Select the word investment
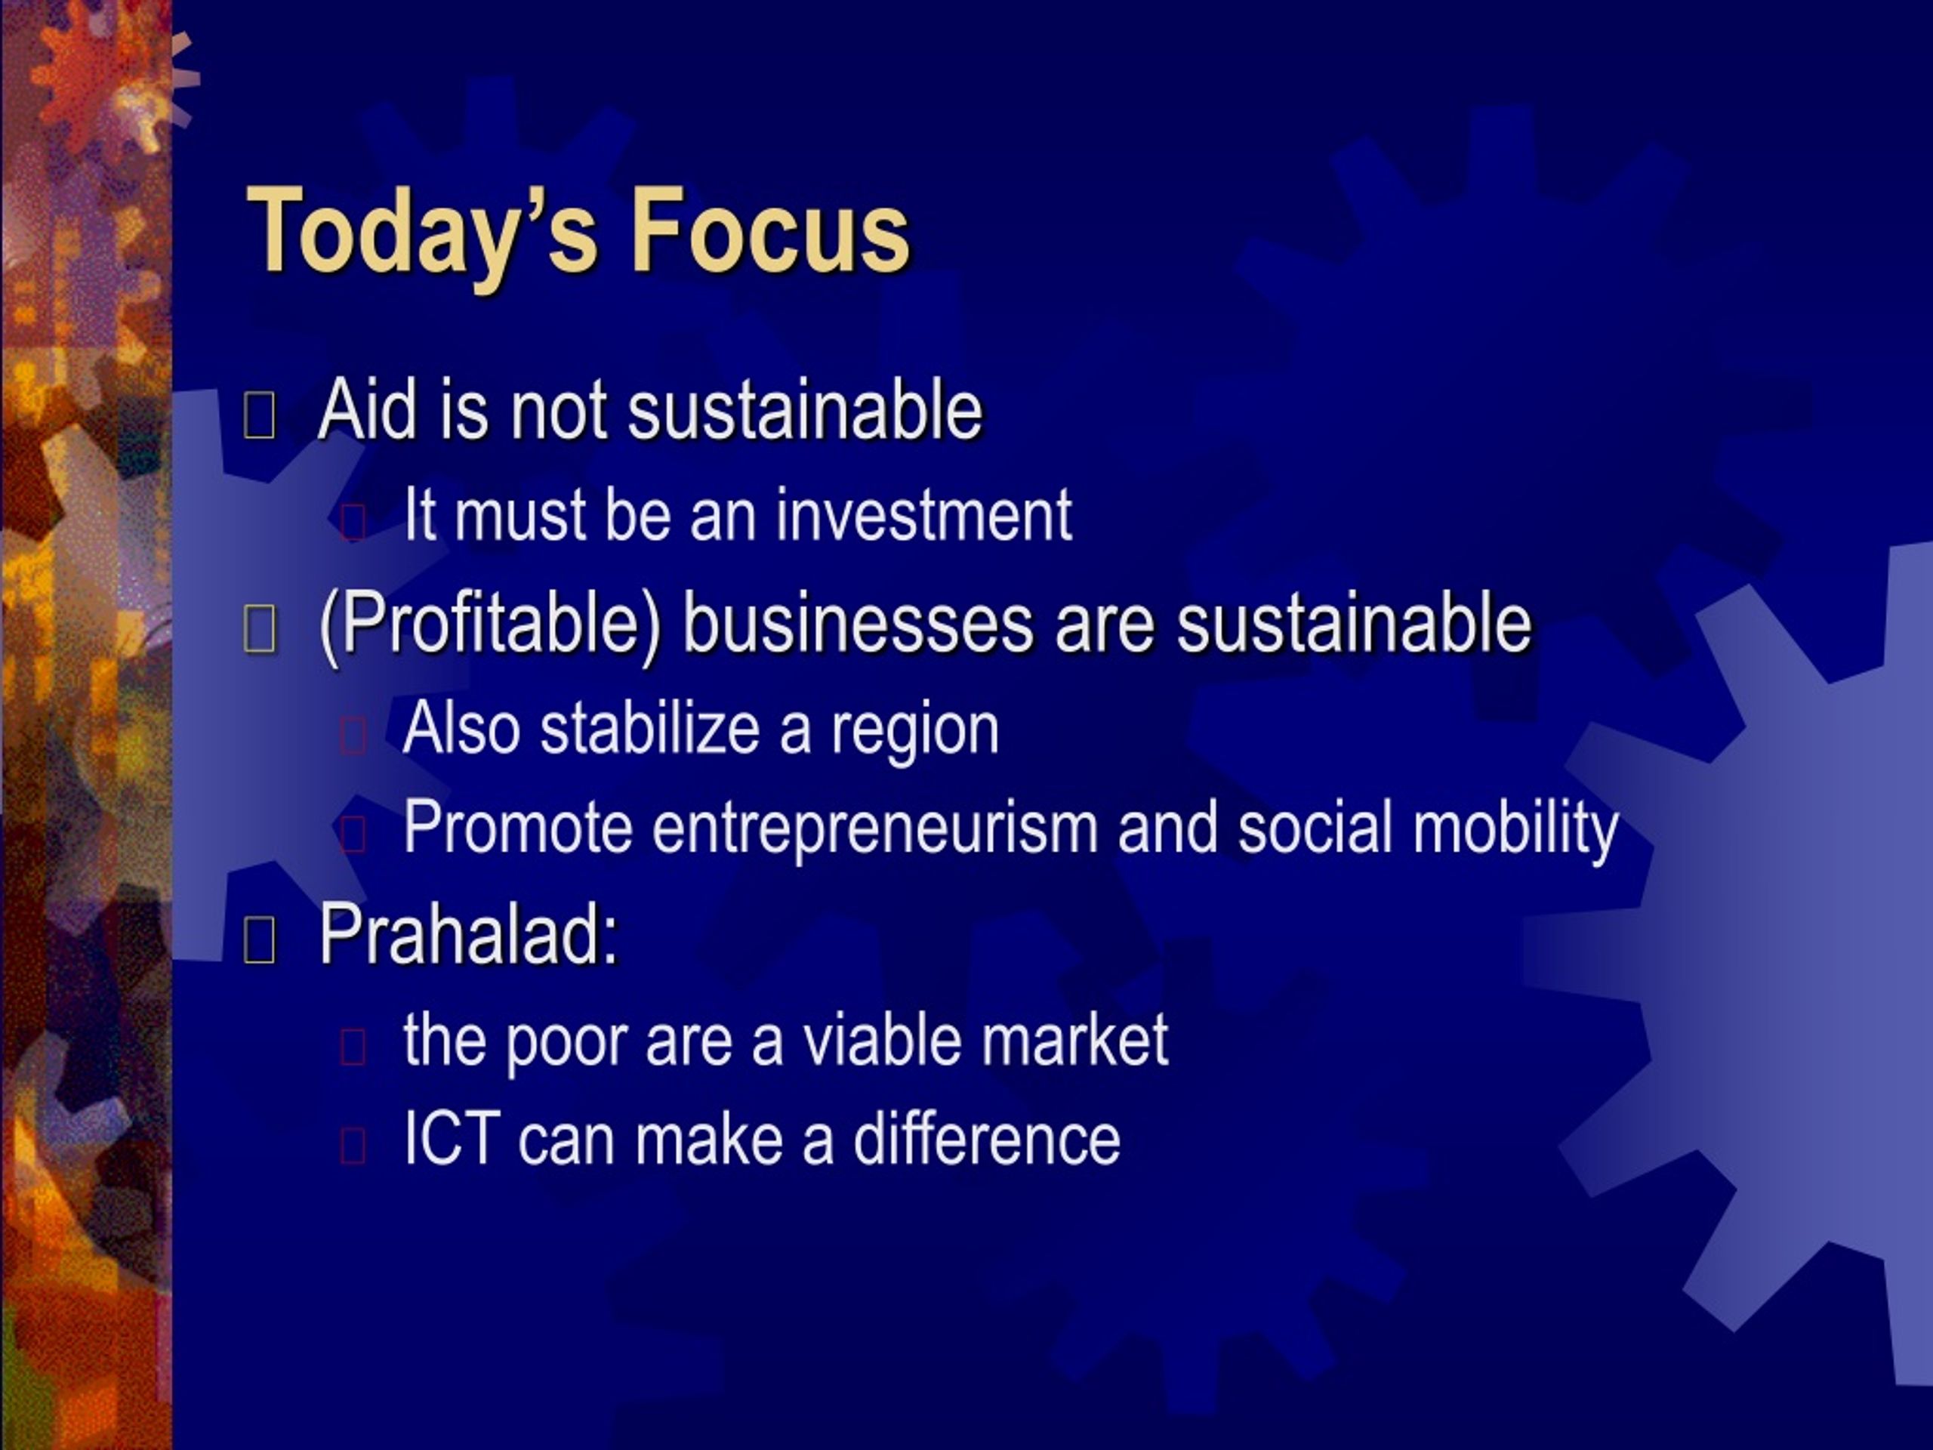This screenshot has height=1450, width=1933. (923, 515)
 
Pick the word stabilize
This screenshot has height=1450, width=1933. (649, 729)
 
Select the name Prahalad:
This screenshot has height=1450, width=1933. (469, 933)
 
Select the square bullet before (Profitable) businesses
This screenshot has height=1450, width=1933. (260, 629)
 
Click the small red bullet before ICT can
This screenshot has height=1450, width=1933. (352, 1145)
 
